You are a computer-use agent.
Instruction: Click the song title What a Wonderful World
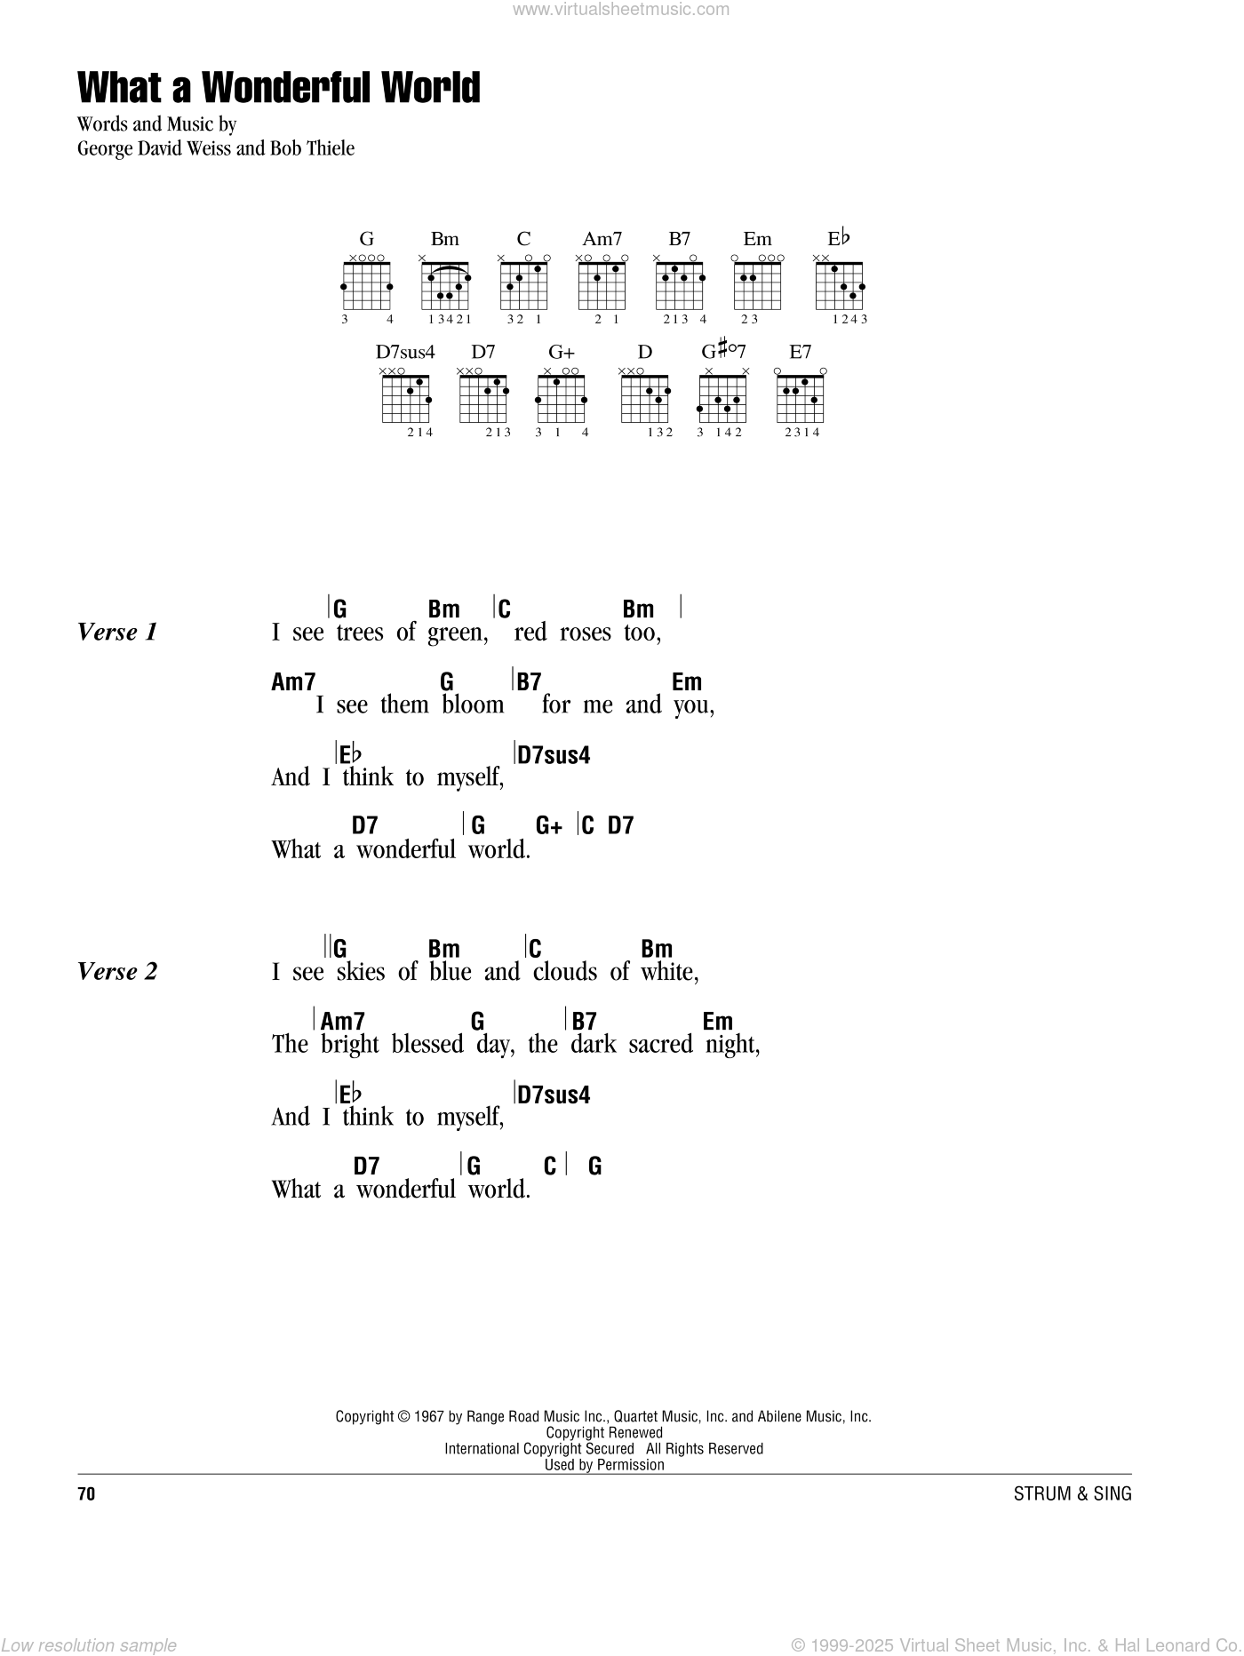[x=279, y=88]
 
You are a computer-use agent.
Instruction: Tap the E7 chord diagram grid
[x=801, y=398]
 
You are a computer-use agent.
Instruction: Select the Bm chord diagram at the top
[x=445, y=285]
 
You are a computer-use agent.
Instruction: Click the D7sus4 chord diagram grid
[x=406, y=398]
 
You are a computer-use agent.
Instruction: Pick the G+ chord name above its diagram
[x=561, y=352]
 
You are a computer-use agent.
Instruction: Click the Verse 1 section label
[x=117, y=633]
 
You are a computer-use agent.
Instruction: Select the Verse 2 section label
[x=117, y=972]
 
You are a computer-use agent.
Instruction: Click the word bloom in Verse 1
[x=473, y=705]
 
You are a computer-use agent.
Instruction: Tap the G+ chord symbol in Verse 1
[x=549, y=826]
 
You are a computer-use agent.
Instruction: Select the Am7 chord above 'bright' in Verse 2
[x=343, y=1022]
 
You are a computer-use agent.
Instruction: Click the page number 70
[x=86, y=1494]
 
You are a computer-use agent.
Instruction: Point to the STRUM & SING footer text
[x=1073, y=1494]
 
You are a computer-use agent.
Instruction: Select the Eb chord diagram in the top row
[x=840, y=285]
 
